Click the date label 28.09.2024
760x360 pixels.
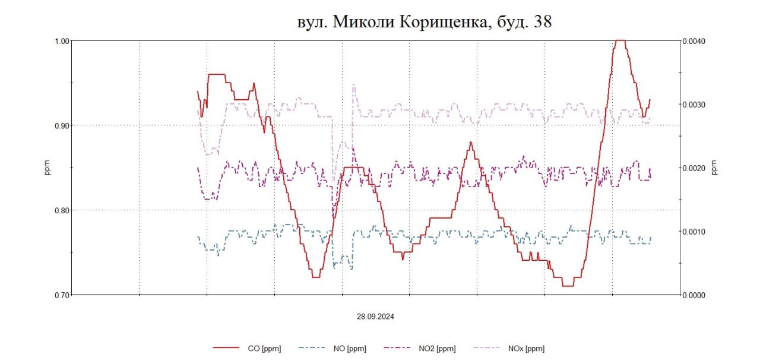tap(375, 317)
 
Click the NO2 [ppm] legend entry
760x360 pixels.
tap(437, 349)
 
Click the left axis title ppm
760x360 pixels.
tap(48, 168)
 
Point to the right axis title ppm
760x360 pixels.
tap(714, 168)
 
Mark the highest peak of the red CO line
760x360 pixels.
tap(620, 40)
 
